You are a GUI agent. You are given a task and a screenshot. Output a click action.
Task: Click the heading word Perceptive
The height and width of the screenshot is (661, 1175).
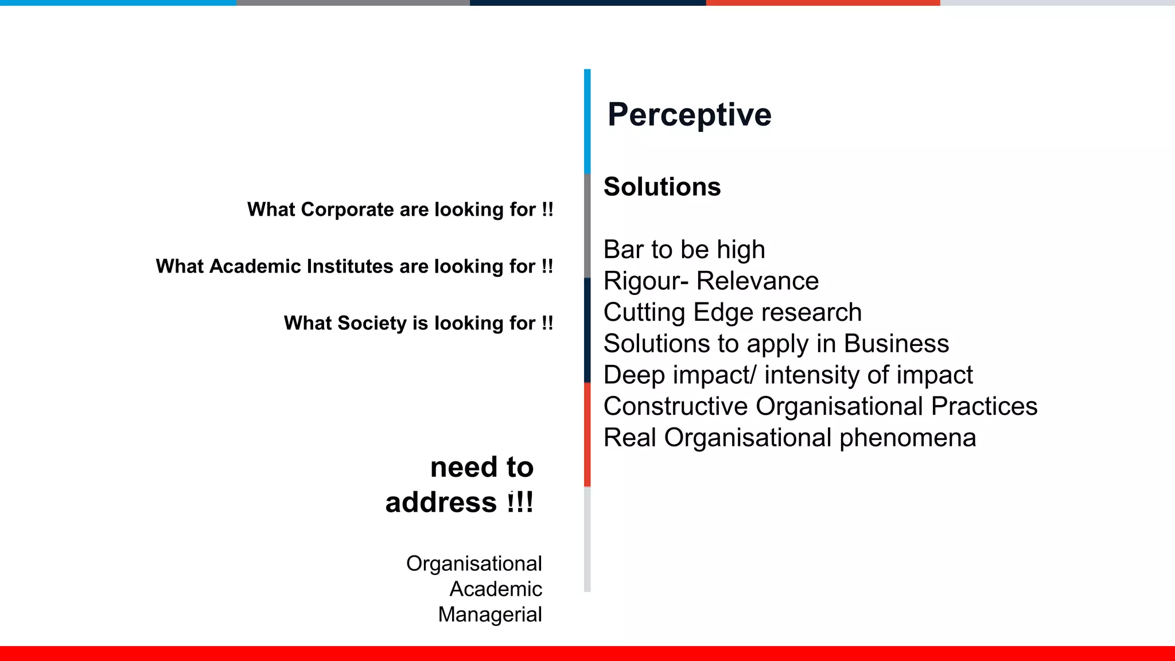tap(689, 115)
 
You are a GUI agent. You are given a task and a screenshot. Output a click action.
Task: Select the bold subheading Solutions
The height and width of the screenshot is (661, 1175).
tap(662, 187)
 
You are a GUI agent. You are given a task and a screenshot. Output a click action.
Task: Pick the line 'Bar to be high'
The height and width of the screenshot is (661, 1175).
tap(684, 250)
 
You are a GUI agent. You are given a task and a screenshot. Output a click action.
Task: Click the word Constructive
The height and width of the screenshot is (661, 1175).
tap(675, 406)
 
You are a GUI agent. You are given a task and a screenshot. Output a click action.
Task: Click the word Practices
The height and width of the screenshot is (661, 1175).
tap(984, 406)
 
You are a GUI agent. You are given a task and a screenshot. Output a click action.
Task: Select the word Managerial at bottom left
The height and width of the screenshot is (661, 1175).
tap(490, 615)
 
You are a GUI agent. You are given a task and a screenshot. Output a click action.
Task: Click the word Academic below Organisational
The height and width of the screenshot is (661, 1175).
tap(496, 589)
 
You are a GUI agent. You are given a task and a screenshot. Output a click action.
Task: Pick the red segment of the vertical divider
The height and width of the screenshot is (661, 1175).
tap(587, 434)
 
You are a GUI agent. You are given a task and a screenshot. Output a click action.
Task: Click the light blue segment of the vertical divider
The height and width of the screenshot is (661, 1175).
tap(587, 121)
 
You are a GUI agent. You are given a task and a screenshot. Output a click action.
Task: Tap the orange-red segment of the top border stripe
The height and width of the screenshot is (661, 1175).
tap(823, 3)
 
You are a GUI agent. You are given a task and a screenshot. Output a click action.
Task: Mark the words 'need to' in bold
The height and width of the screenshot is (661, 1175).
tap(482, 467)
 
